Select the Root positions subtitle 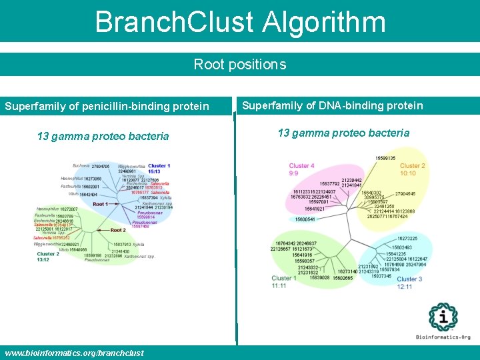tap(240, 65)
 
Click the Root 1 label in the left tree tap(100, 204)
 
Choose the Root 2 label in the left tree tap(117, 230)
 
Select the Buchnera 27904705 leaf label tap(91, 166)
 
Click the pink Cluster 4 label tap(302, 166)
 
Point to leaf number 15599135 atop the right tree tap(385, 158)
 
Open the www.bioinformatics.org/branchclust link tap(74, 353)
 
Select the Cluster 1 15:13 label tap(159, 169)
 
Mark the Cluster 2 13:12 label tap(48, 257)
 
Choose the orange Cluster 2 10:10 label tap(412, 169)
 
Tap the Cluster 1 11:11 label tap(284, 281)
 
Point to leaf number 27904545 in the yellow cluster tap(405, 194)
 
